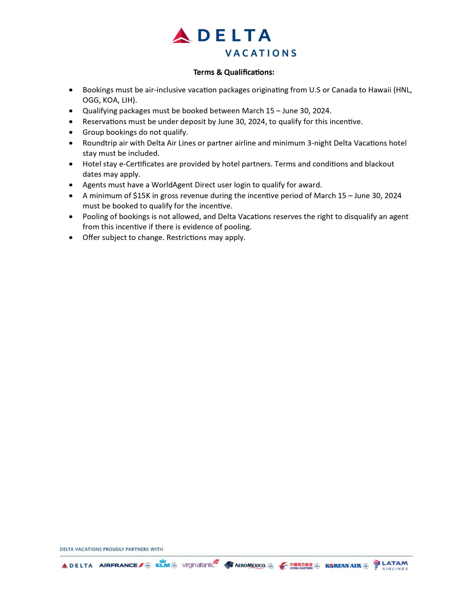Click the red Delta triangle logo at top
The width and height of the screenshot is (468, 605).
181,36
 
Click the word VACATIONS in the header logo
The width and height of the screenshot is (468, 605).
260,53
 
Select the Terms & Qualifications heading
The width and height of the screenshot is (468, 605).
234,72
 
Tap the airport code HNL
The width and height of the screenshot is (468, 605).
404,90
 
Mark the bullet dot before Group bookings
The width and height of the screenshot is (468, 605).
71,132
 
